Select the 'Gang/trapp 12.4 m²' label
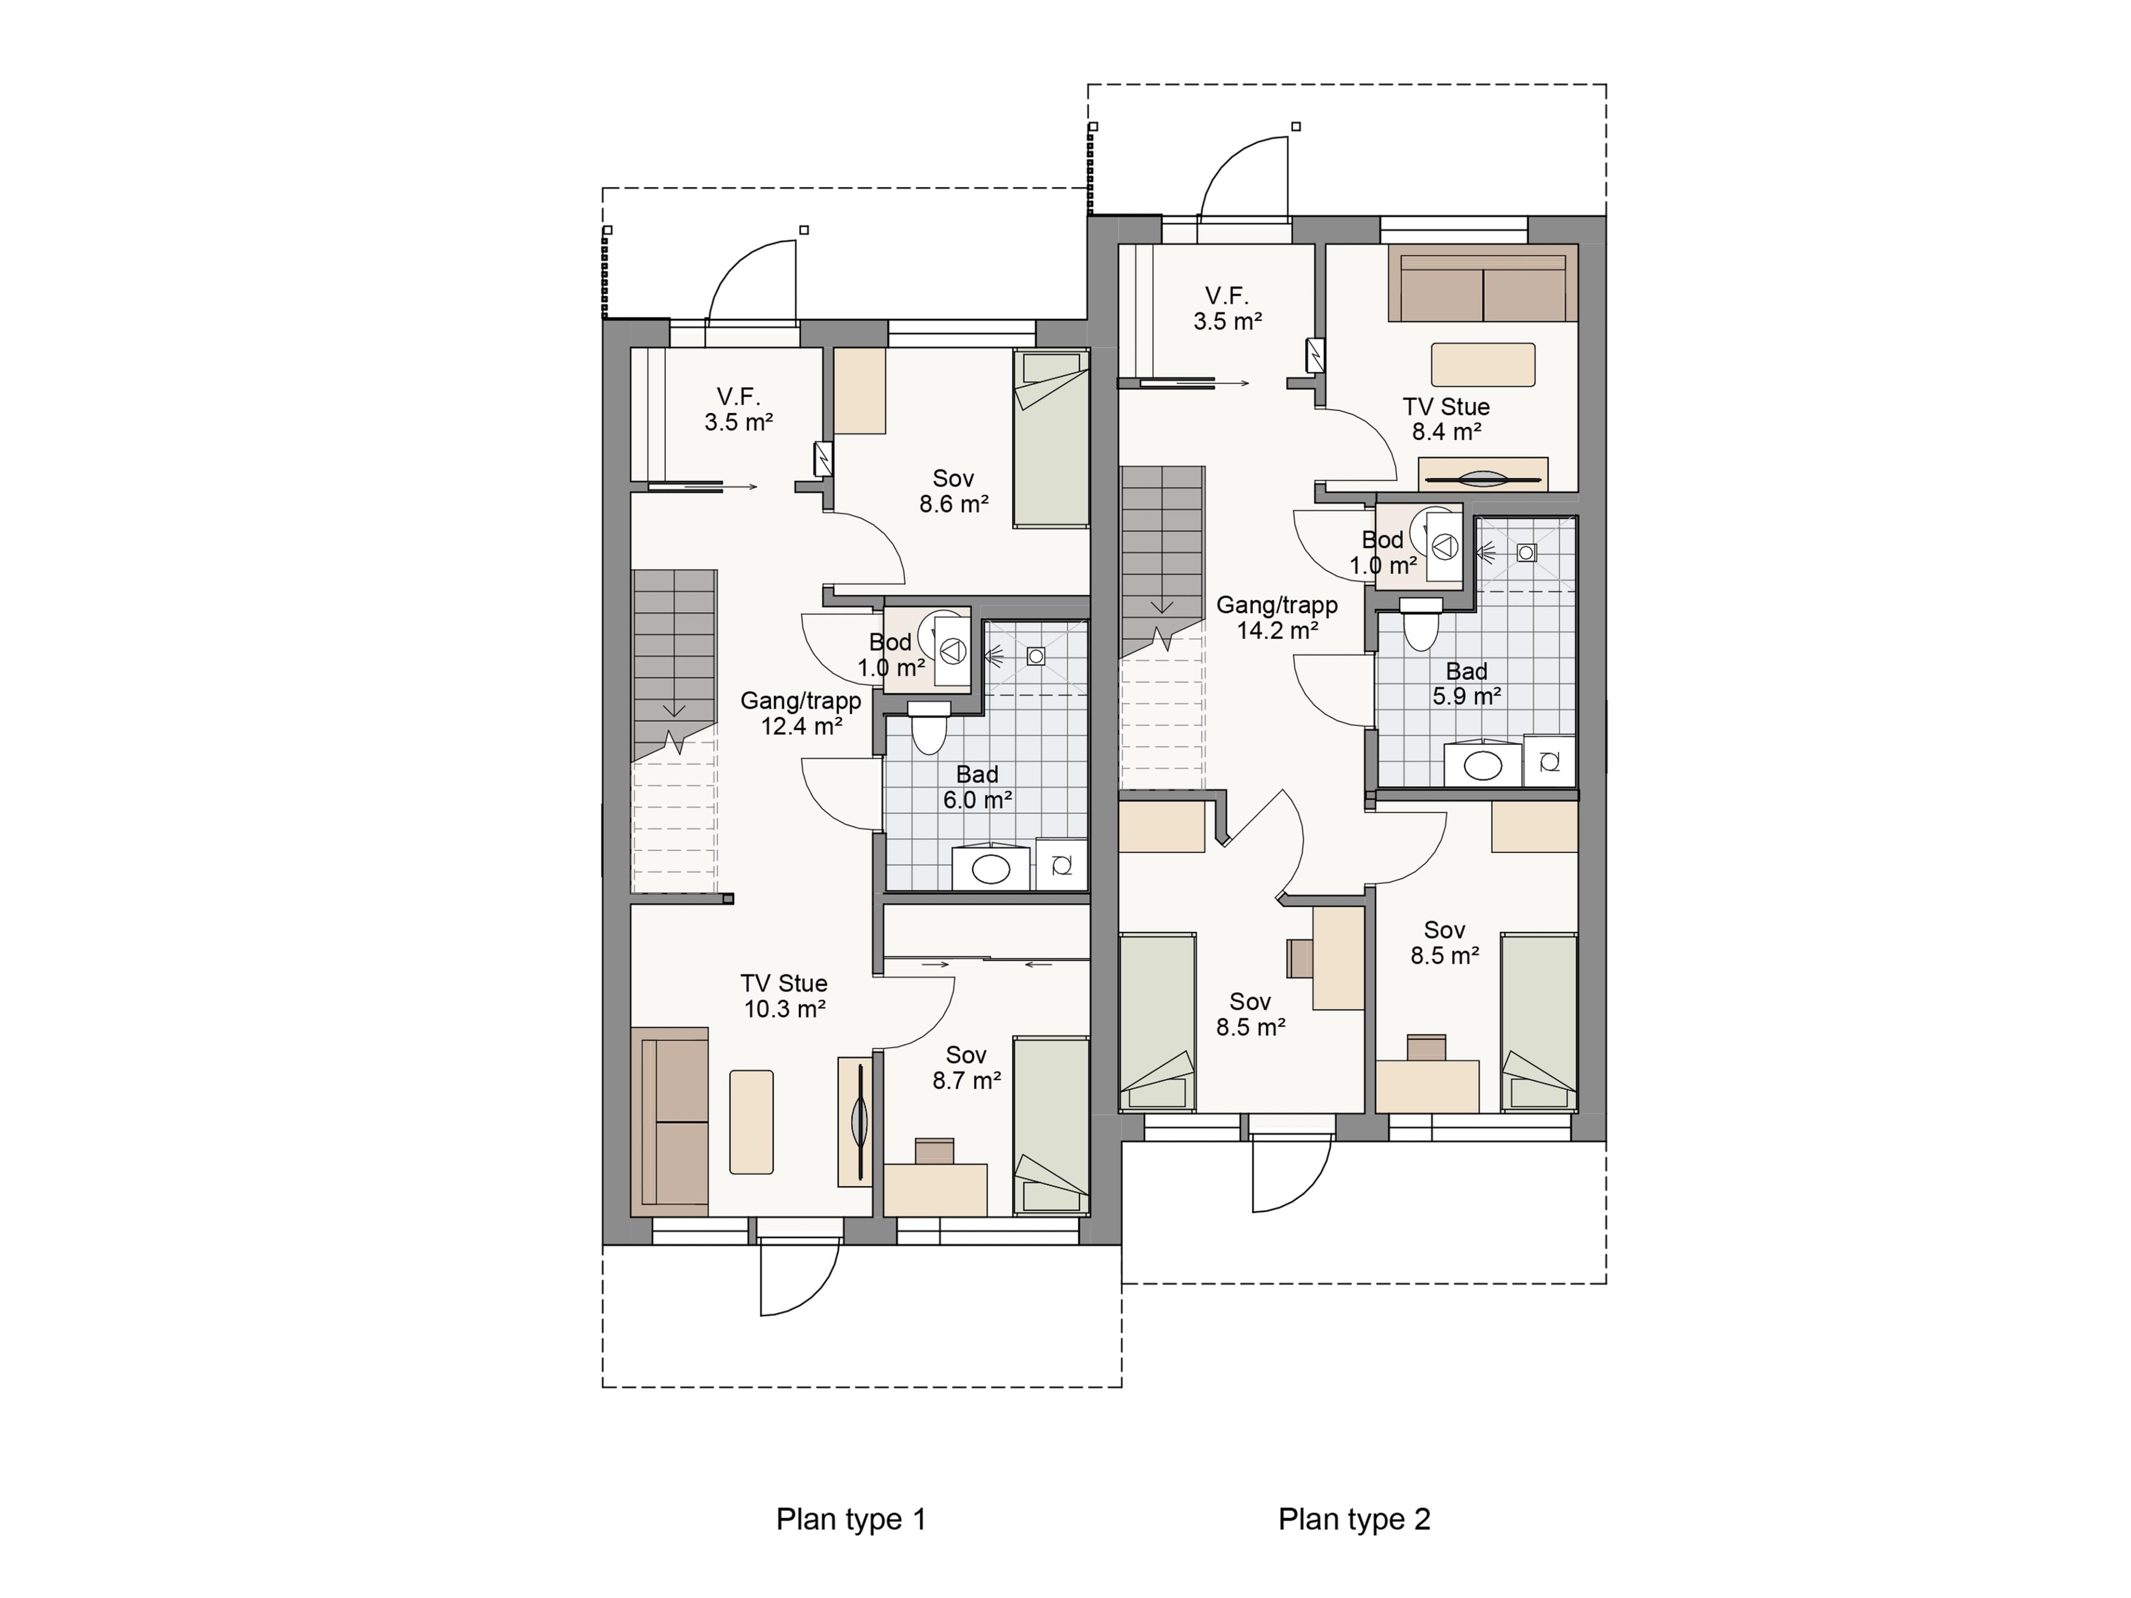click(x=801, y=714)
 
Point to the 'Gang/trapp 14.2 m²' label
click(x=1276, y=618)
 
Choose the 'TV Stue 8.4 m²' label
click(x=1446, y=419)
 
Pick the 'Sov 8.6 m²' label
click(x=954, y=491)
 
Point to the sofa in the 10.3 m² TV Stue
click(x=670, y=1122)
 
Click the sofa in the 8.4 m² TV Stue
click(x=1483, y=282)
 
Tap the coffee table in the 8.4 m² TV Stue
click(x=1483, y=365)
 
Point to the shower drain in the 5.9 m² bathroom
click(x=1526, y=553)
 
